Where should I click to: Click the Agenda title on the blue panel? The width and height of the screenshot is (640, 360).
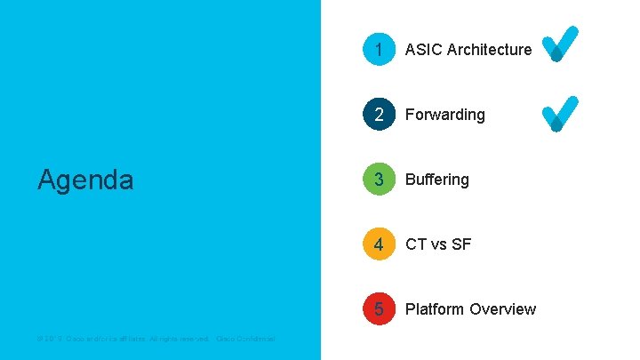85,180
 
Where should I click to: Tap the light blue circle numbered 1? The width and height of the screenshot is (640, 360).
379,50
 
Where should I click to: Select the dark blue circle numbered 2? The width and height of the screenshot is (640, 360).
379,115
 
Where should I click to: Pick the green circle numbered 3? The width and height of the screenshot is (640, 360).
379,180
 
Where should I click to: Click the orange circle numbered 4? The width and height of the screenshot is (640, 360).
379,244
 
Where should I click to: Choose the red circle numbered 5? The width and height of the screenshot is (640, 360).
379,309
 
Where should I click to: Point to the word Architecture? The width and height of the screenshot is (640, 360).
490,50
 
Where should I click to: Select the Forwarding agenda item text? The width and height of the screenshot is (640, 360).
445,115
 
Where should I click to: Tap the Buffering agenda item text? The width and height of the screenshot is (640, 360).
437,180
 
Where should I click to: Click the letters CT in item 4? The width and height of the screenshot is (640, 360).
416,244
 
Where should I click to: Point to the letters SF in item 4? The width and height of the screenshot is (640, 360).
461,244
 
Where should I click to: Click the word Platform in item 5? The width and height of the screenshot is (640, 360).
435,309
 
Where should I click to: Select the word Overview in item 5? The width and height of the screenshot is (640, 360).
503,309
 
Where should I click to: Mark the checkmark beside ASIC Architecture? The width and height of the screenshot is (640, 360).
560,44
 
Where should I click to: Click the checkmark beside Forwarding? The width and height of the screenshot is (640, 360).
560,114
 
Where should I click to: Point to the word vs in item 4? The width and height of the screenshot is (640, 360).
440,244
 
